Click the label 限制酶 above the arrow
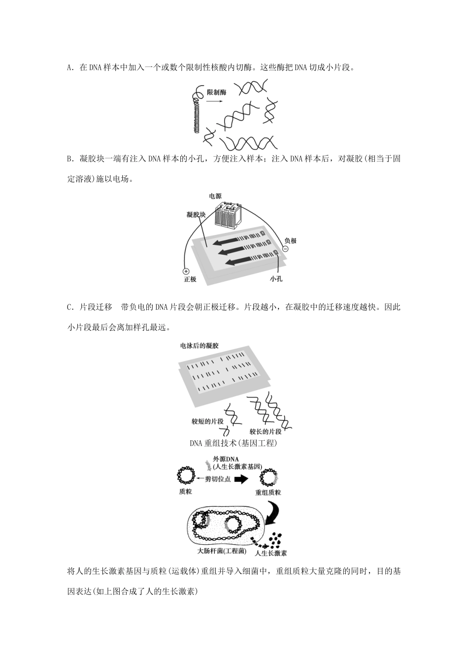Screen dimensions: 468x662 (216, 92)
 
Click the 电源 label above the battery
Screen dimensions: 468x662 (215, 196)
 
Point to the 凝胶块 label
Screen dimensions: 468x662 (196, 214)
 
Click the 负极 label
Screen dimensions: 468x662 (291, 241)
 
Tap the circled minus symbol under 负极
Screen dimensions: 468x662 (284, 249)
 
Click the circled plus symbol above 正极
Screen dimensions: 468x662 (186, 271)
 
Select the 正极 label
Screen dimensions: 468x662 (190, 279)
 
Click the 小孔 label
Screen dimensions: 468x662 (276, 279)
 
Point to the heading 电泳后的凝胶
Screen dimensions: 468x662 (200, 346)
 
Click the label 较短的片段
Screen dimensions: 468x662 (207, 422)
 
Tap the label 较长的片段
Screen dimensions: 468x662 (266, 431)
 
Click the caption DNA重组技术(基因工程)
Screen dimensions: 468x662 (234, 443)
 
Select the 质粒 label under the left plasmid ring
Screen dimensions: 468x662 (186, 492)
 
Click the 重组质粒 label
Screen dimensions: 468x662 (268, 492)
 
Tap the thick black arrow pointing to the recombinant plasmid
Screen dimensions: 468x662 (241, 479)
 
